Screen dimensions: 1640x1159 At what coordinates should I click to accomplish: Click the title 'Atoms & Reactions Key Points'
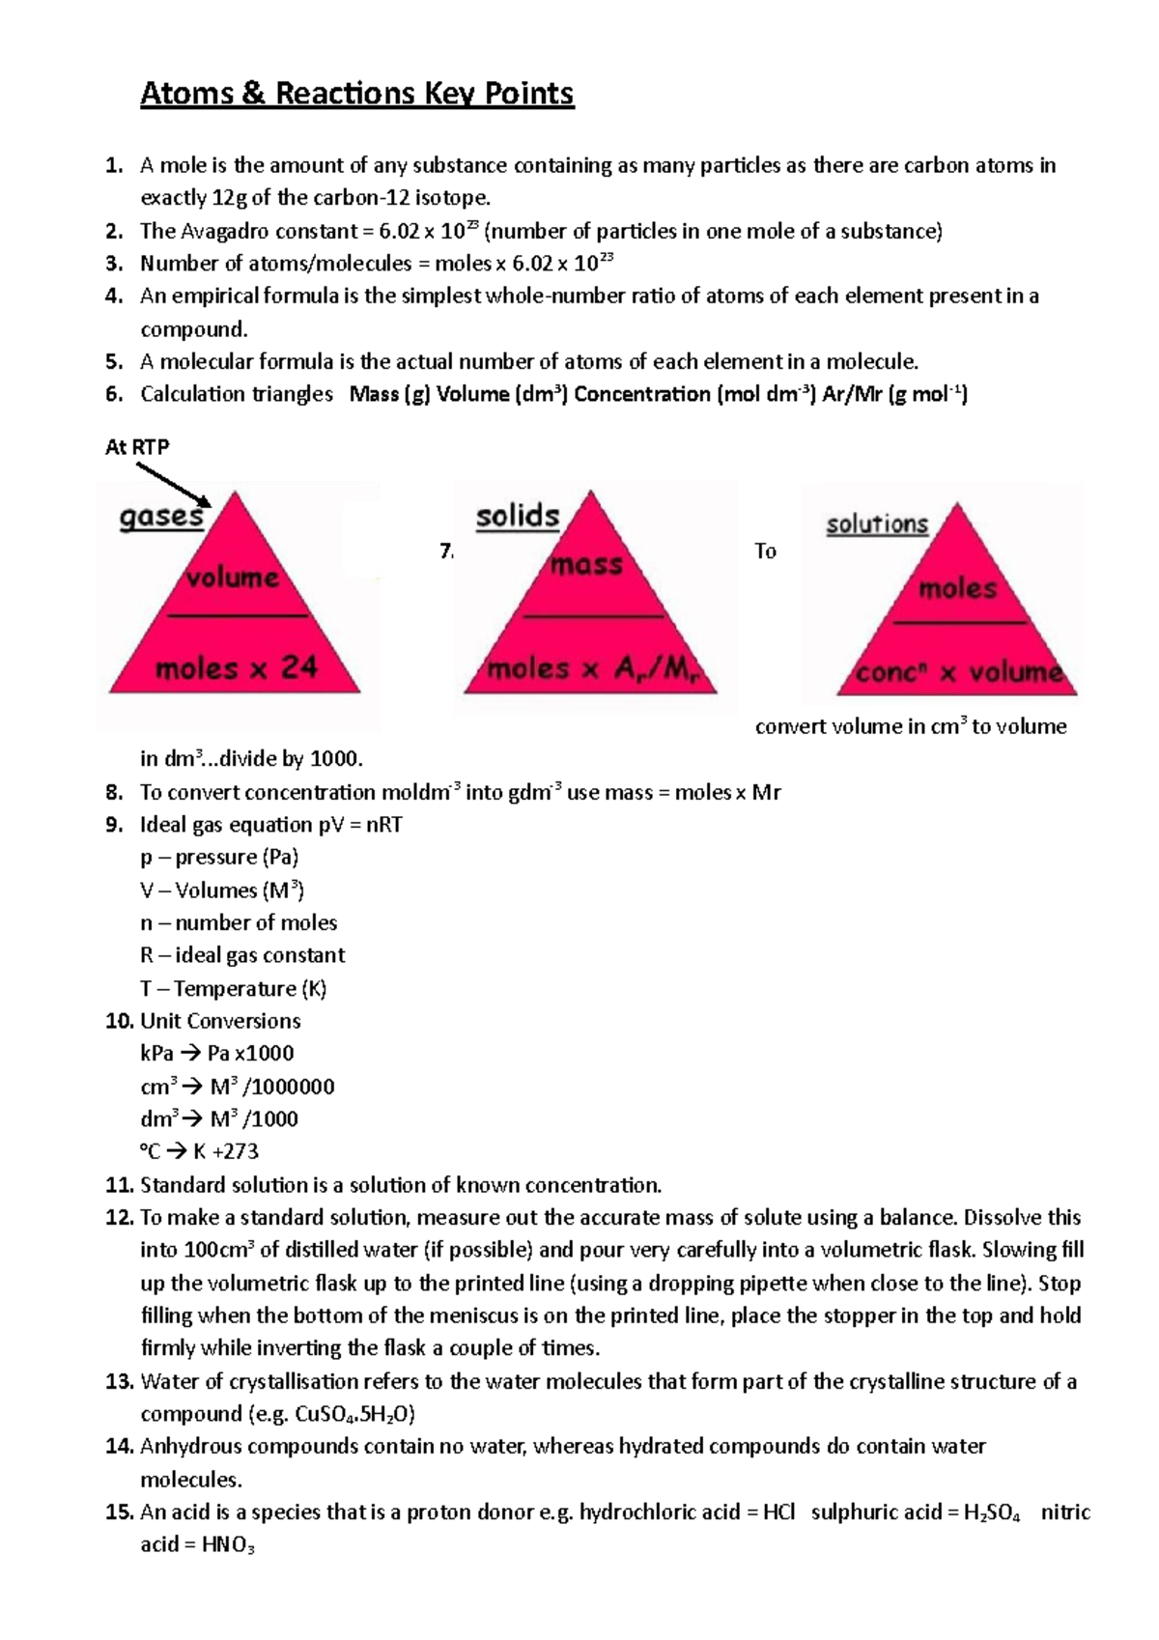tap(356, 94)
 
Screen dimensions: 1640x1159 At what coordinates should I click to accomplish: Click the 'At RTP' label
tap(136, 446)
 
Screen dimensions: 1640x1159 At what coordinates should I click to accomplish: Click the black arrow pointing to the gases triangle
tap(174, 484)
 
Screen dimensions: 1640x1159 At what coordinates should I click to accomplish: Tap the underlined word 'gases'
tap(161, 517)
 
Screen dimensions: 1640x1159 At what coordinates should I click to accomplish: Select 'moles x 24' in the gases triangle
tap(236, 667)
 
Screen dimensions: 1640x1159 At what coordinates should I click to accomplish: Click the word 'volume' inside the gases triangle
tap(232, 578)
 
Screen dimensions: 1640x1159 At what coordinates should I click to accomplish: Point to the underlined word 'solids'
tap(517, 516)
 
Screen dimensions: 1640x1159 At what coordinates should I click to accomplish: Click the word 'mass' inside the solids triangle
tap(586, 564)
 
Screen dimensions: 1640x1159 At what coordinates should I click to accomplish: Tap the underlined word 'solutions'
tap(876, 524)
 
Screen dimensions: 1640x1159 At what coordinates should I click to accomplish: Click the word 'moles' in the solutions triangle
tap(956, 588)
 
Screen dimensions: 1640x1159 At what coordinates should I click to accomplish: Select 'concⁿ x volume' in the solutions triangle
tap(959, 672)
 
